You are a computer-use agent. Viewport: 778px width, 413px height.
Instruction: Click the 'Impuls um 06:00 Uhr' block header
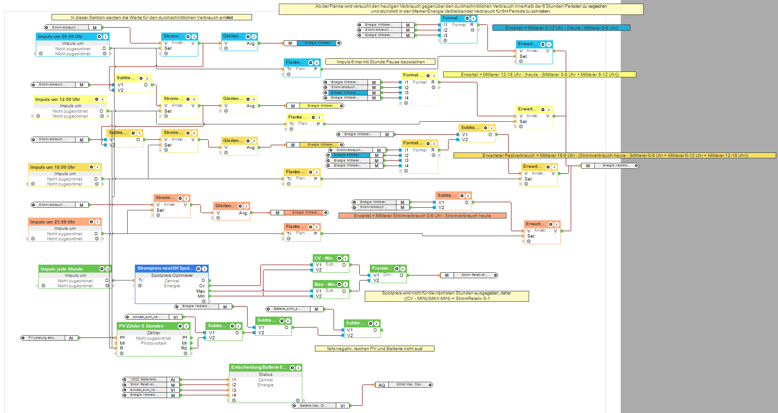[61, 37]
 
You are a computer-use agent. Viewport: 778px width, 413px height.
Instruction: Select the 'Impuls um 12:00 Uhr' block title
[58, 99]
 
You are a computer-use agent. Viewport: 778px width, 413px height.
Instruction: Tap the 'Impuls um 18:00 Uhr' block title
[53, 167]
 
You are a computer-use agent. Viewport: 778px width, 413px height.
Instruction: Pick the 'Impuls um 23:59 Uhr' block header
[53, 222]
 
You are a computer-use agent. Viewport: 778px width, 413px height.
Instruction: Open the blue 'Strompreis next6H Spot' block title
[166, 268]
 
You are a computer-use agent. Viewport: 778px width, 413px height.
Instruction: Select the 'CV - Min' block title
[324, 258]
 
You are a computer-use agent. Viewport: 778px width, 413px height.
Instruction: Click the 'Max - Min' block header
[325, 284]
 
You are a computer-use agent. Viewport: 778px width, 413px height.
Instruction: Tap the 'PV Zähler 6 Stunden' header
[141, 326]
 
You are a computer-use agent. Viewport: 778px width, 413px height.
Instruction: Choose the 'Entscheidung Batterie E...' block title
[259, 367]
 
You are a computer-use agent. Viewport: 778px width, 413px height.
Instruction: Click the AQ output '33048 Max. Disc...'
[404, 385]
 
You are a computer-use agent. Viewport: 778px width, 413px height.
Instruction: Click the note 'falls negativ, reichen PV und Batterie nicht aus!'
[375, 348]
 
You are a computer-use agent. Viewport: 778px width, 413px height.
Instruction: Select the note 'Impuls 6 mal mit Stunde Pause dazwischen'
[381, 62]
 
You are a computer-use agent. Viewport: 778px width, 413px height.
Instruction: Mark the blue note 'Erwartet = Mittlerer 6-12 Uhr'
[561, 28]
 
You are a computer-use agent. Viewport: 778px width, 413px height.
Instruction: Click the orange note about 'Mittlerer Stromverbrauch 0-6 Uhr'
[422, 216]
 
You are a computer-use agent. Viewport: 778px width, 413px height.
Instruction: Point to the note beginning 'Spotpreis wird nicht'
[447, 296]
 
